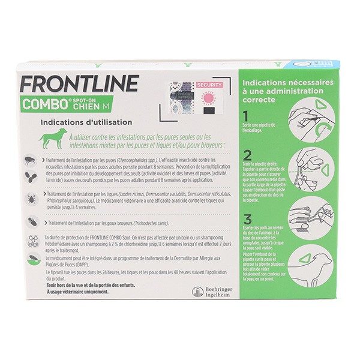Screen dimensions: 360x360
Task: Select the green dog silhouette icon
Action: click(x=53, y=139)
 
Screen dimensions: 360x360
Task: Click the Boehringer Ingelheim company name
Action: click(x=220, y=292)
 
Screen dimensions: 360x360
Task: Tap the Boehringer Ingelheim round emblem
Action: click(x=197, y=292)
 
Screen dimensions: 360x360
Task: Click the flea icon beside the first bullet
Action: click(x=31, y=161)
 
